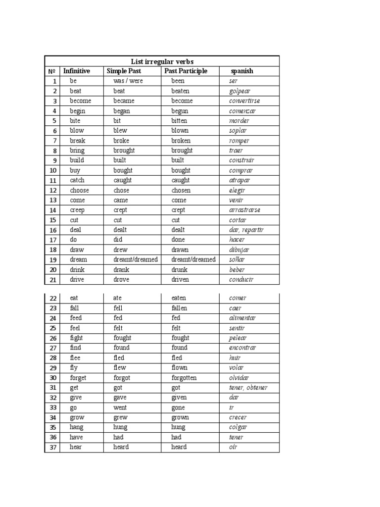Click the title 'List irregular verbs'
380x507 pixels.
point(162,61)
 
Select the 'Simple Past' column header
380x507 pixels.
point(124,71)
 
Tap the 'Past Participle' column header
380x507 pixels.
point(186,71)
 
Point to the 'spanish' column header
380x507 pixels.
point(242,71)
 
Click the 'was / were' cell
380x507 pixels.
point(128,81)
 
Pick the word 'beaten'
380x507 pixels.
point(180,91)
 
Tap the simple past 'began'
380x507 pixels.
point(121,111)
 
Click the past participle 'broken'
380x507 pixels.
point(181,141)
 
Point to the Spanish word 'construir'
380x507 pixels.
point(241,160)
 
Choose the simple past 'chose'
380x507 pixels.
point(121,190)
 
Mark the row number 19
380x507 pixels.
point(53,260)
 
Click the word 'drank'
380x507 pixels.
point(121,270)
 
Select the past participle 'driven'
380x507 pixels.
point(180,280)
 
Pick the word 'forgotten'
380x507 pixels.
point(184,378)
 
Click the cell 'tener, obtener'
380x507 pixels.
point(248,388)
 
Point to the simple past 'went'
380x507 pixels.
point(120,407)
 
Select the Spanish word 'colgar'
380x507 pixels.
point(238,427)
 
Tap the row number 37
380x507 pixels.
point(53,448)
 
